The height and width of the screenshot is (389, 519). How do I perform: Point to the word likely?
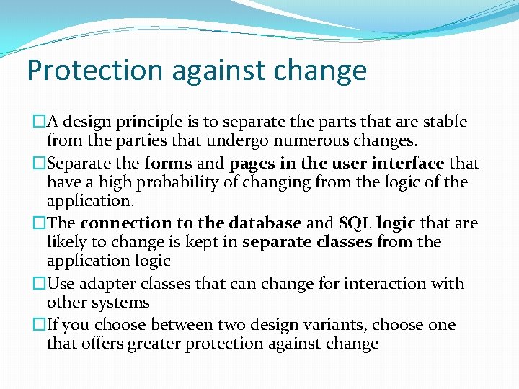click(x=66, y=243)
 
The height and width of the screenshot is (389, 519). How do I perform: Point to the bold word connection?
click(x=123, y=223)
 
